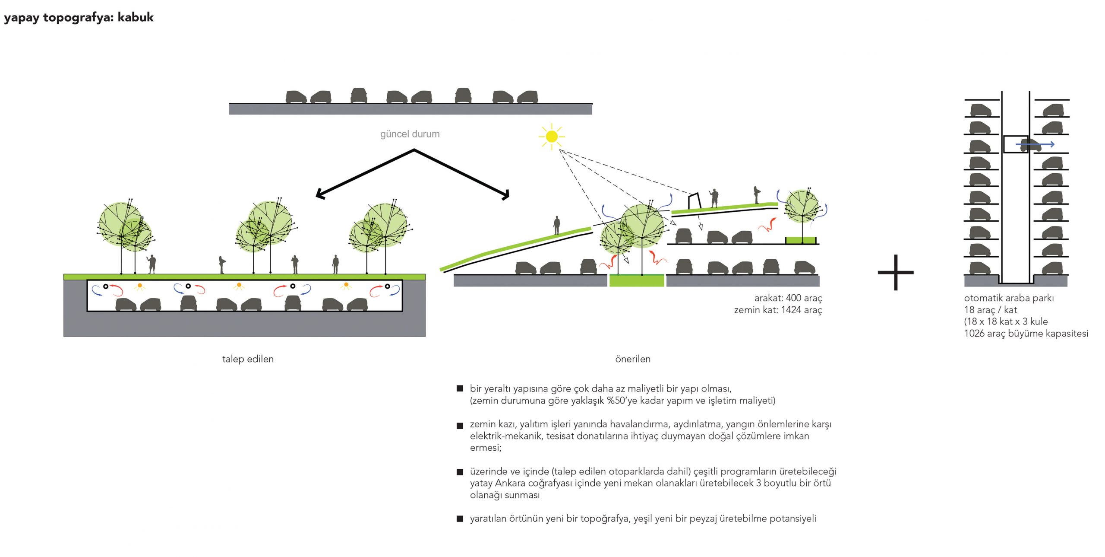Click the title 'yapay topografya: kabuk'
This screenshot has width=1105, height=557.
tap(79, 17)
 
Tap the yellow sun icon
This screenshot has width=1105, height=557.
tap(551, 137)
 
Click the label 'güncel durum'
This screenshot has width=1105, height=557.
tap(410, 134)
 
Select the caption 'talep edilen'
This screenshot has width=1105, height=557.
tap(248, 359)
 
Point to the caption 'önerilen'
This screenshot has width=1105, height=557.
tap(632, 359)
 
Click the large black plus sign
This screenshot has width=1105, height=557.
tap(896, 272)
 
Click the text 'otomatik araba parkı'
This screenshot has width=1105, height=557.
tap(1009, 298)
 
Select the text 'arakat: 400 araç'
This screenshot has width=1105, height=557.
tap(788, 298)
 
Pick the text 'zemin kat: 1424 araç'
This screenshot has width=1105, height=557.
tap(778, 310)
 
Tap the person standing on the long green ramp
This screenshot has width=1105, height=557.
tap(557, 225)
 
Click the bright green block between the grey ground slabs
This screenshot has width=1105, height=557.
tap(636, 280)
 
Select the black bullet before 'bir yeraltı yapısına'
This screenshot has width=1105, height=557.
tap(460, 388)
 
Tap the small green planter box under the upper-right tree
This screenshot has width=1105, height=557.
tap(800, 240)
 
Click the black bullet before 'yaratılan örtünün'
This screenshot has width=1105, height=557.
tap(460, 519)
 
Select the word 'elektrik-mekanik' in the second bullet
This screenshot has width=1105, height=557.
tap(505, 436)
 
